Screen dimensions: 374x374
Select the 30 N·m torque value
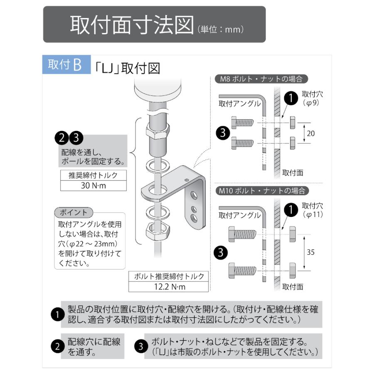tap(93, 185)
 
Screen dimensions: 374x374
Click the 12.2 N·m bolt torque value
tap(168, 286)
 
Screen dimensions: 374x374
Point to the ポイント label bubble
tap(73, 212)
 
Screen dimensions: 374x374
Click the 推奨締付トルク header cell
tap(93, 175)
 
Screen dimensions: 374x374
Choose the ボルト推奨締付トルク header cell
tap(168, 276)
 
